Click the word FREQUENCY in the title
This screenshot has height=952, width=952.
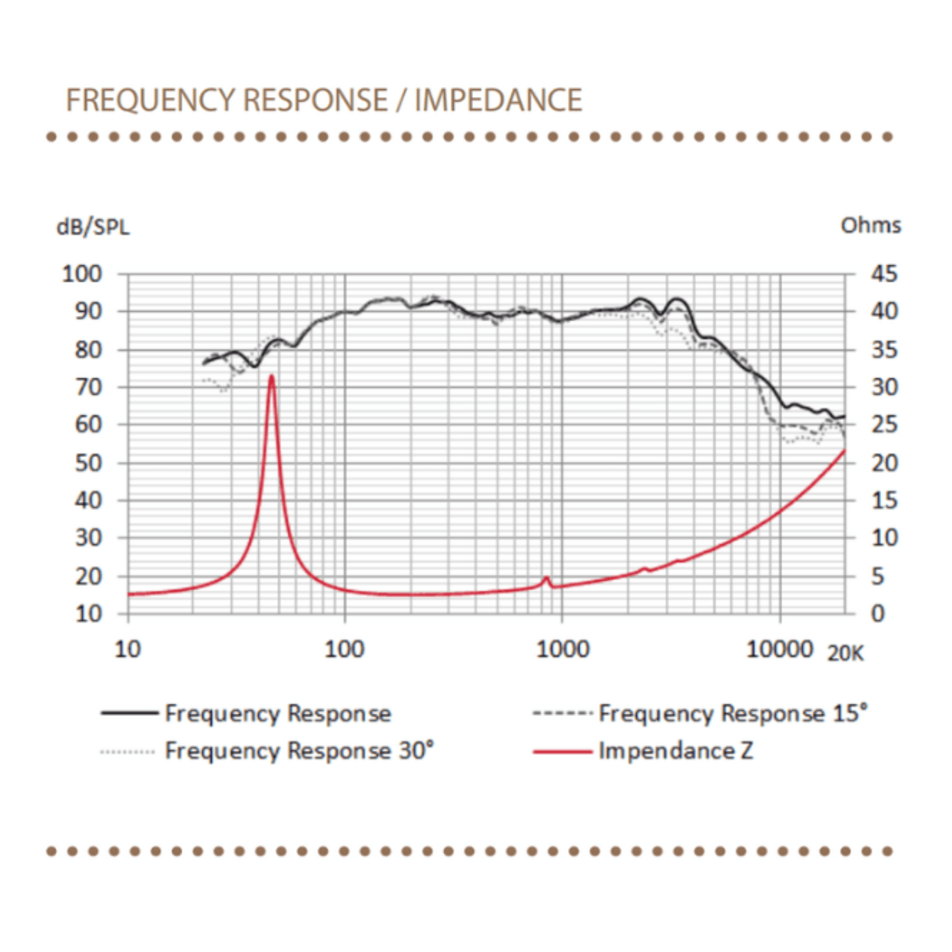[151, 100]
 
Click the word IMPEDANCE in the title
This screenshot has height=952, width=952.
[498, 100]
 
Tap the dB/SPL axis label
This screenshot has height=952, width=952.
[93, 227]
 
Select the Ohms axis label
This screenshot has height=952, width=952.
[870, 225]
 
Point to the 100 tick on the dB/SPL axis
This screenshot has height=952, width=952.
[82, 274]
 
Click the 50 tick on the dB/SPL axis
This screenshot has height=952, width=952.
[88, 463]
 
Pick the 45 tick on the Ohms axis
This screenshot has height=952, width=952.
[884, 274]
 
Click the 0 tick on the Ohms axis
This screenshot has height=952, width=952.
[878, 613]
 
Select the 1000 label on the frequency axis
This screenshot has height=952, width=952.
[562, 649]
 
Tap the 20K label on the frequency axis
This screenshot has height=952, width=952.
[845, 652]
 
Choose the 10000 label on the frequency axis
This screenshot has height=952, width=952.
[779, 649]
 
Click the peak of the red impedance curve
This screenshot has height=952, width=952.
[272, 376]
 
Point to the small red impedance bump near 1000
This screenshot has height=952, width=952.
[546, 578]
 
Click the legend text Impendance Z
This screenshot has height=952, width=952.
[675, 751]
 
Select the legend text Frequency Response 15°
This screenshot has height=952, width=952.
[732, 713]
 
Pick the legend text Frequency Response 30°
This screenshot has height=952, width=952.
[299, 751]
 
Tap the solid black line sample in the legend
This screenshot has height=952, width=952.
[129, 713]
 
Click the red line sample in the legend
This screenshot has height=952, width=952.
[562, 752]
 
